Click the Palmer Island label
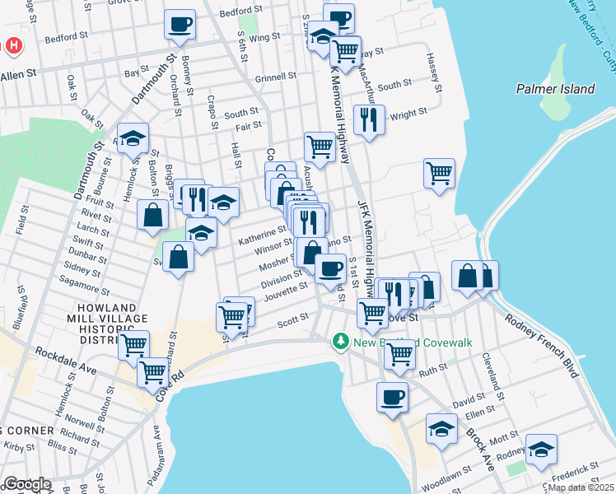pos(550,88)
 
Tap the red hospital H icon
pos(13,45)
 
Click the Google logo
pos(26,484)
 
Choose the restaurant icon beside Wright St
pos(369,119)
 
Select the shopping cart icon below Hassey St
pos(440,173)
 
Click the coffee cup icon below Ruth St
pos(392,397)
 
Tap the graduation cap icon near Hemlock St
pos(132,139)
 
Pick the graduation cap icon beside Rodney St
pos(540,449)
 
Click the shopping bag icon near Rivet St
pos(153,216)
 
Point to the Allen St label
pos(19,74)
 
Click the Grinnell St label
pos(276,77)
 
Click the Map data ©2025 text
pos(581,487)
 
